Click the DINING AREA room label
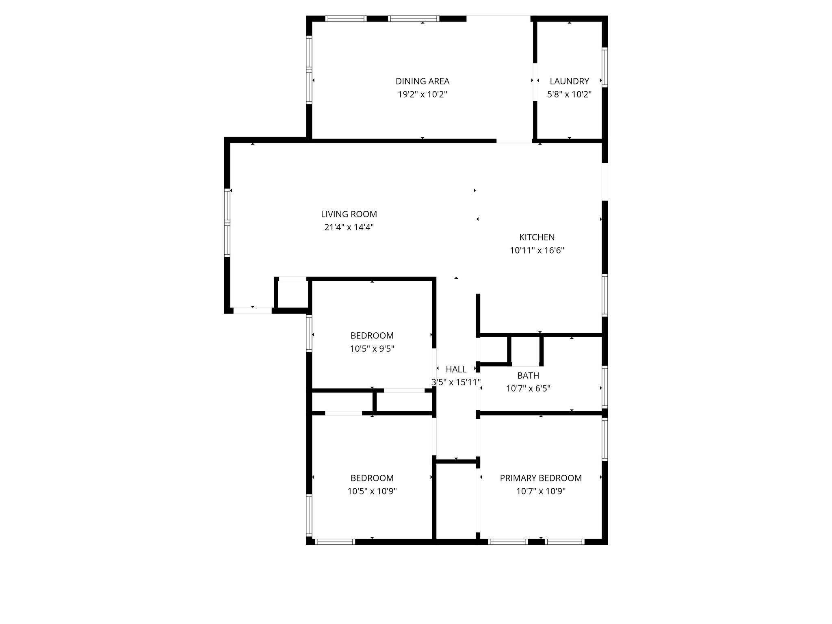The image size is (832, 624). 422,81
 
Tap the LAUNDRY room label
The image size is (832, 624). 569,81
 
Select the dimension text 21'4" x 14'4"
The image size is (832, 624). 349,227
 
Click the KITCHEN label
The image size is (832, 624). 537,237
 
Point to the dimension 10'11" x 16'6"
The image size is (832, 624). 537,250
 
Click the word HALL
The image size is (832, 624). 456,369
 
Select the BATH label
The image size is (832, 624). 528,375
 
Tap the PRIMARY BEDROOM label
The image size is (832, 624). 540,478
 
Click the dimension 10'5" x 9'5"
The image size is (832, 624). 372,349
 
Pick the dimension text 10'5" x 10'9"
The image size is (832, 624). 372,491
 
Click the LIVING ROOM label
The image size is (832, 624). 349,214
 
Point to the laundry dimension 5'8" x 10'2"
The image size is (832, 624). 569,95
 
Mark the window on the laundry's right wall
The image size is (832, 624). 604,67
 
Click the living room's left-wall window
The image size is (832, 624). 227,223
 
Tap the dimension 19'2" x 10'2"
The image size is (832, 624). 422,95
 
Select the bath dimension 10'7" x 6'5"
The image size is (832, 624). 528,388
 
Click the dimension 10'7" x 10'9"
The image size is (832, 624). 540,491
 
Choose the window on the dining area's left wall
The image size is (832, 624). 309,69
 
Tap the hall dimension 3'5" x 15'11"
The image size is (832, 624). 456,382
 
